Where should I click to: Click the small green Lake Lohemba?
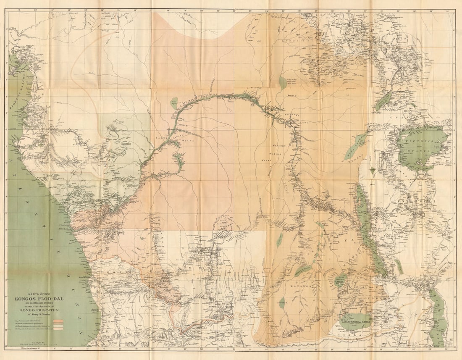click(282, 301)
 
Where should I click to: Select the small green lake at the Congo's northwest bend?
click(174, 103)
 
